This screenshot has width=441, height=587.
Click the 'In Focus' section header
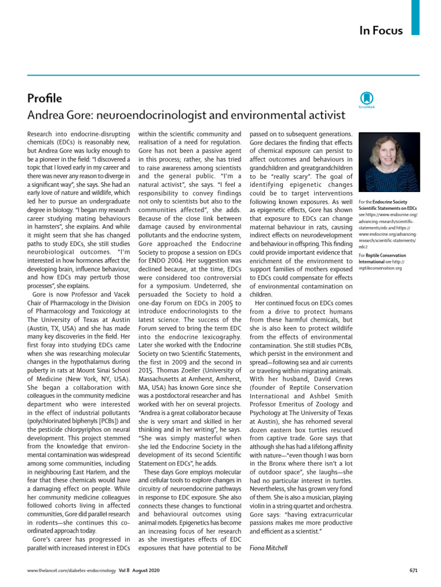point(381,30)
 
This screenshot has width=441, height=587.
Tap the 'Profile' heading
point(45,97)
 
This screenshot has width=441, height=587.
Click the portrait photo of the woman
point(389,162)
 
